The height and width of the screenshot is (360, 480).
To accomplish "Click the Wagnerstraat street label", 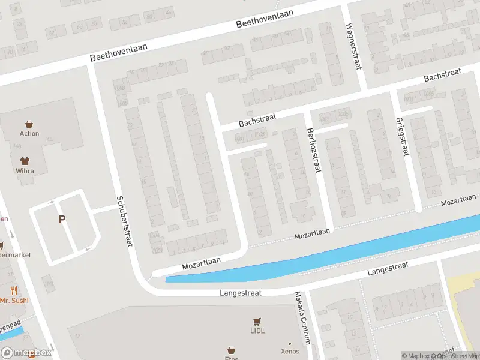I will tap(353, 47).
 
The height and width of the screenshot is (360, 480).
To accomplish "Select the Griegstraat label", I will tap(401, 136).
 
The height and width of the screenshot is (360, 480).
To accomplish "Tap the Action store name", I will tap(29, 134).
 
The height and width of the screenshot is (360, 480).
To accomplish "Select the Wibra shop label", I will tap(25, 171).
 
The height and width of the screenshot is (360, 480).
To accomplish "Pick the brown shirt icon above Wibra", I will tap(25, 161).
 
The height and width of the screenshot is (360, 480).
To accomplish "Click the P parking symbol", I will tap(62, 220).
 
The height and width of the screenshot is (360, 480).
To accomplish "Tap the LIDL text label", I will tap(257, 331).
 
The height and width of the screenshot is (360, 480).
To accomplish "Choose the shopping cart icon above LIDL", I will tap(257, 321).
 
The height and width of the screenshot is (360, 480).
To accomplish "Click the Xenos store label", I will tap(290, 352).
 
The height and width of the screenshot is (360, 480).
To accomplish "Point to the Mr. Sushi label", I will tap(12, 300).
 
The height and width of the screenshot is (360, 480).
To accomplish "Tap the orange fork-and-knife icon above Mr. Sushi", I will tap(13, 290).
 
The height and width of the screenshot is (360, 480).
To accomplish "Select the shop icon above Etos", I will tap(231, 350).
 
